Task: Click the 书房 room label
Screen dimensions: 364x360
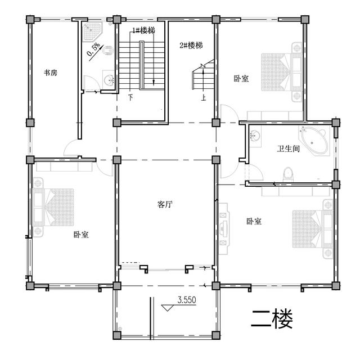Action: point(51,73)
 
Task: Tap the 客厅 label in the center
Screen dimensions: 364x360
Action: point(164,205)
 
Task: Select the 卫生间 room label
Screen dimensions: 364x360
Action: point(287,149)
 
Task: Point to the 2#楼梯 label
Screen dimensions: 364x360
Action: point(191,45)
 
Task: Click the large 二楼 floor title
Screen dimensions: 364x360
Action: point(272,320)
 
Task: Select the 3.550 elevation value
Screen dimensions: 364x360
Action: point(186,300)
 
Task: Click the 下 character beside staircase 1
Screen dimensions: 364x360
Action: point(130,97)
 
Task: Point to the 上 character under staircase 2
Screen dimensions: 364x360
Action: point(204,97)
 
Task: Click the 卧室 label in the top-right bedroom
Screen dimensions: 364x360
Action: point(241,79)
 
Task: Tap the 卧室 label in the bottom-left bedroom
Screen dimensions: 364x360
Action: point(81,235)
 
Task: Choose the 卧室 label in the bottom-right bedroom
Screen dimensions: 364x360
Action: point(254,222)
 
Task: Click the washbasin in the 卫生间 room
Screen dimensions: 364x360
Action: point(255,136)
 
